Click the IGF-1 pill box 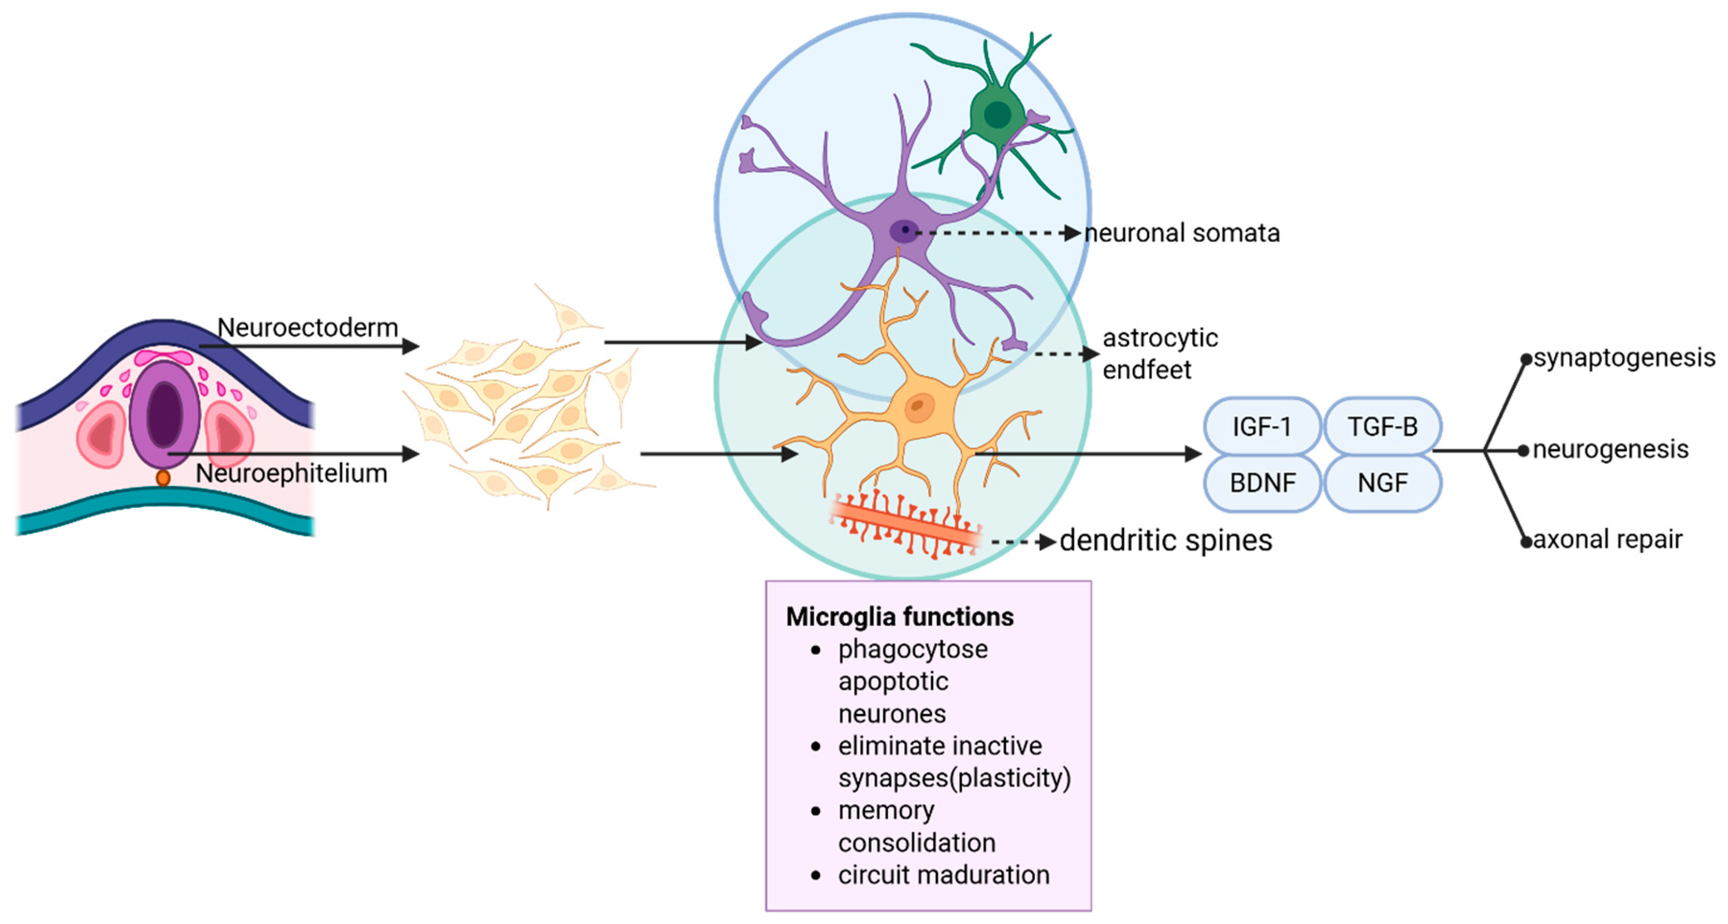(1262, 427)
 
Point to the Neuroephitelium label (291, 473)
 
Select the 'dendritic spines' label (1166, 540)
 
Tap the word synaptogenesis (1624, 358)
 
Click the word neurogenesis (1610, 449)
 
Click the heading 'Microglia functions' (900, 616)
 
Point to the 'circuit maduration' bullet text (943, 875)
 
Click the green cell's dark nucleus (997, 115)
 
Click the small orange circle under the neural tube (163, 478)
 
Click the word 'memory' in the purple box (886, 811)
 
